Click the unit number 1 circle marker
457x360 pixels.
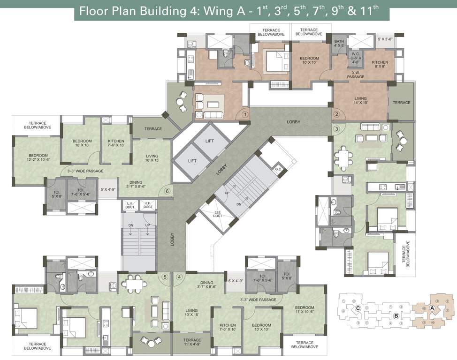point(245,114)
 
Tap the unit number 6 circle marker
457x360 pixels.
point(167,191)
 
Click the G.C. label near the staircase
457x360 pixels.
point(278,169)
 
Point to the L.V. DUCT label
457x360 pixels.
point(130,205)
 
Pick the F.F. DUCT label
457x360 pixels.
point(148,205)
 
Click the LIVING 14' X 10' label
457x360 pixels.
point(360,101)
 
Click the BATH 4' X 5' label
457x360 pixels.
point(339,44)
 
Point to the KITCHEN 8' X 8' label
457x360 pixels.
point(380,64)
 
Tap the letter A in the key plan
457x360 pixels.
point(433,308)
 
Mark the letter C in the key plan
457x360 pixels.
point(358,308)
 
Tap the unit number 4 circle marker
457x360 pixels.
point(179,277)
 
